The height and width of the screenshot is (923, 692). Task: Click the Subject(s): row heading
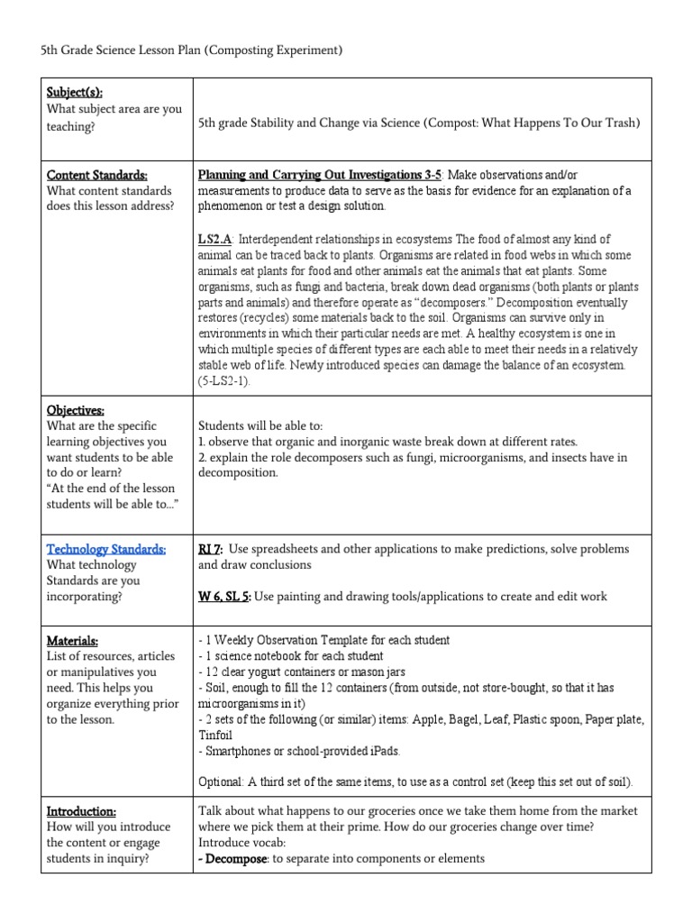coord(75,93)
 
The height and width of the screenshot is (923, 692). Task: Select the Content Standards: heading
coord(97,175)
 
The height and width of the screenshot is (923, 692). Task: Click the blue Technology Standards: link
coord(105,549)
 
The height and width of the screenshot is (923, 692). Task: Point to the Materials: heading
coord(72,640)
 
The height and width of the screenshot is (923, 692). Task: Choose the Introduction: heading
coord(81,811)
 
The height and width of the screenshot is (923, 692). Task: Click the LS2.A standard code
coord(214,239)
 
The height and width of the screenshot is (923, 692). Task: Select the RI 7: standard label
coord(210,549)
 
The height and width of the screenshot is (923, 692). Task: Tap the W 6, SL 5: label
coord(225,597)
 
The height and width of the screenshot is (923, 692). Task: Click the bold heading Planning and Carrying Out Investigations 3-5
coord(320,175)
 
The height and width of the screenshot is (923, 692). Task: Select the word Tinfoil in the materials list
coord(216,735)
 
